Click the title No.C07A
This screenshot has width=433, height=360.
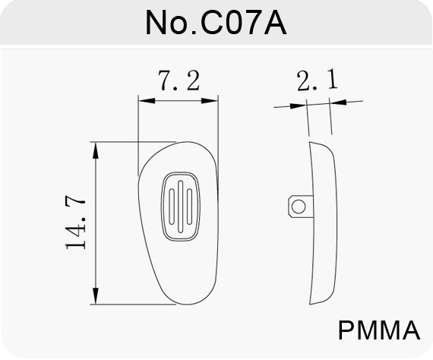click(216, 22)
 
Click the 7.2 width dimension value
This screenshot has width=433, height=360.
click(179, 81)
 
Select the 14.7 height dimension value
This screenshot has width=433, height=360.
click(75, 222)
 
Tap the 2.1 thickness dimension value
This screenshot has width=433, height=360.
click(318, 80)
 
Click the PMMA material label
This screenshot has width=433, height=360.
click(379, 330)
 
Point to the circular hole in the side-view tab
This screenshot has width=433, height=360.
click(299, 207)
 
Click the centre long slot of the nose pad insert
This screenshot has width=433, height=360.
click(180, 207)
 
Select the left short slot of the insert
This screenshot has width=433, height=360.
click(172, 207)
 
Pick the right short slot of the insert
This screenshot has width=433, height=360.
click(189, 207)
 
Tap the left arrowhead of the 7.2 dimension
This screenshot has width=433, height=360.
click(147, 101)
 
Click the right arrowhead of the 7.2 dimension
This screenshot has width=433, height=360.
click(210, 101)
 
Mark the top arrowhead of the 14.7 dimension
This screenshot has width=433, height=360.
click(96, 150)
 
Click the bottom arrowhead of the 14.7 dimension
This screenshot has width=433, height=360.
click(96, 296)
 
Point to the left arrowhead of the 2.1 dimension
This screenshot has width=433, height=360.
click(299, 106)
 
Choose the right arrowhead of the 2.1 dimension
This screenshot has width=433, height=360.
click(338, 102)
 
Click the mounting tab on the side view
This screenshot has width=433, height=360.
click(301, 207)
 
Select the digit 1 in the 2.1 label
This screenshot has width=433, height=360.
click(333, 79)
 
